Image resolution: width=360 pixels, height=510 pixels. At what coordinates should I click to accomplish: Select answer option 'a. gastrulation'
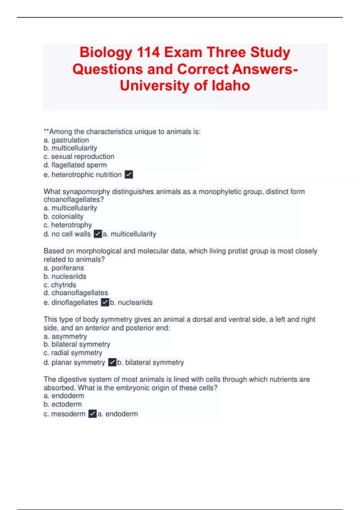[66, 140]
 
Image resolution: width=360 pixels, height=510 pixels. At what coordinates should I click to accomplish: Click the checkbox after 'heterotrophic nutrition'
[129, 175]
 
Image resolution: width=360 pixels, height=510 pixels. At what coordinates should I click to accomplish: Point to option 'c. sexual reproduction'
[79, 157]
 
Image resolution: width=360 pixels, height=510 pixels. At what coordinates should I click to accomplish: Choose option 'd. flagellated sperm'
[75, 165]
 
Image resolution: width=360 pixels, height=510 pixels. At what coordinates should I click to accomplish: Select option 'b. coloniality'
[63, 216]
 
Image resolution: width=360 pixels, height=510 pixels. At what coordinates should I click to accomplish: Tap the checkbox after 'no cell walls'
[98, 234]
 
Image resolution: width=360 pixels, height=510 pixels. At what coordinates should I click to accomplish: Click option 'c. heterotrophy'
[67, 225]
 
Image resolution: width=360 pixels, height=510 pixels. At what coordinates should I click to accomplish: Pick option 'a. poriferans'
[64, 268]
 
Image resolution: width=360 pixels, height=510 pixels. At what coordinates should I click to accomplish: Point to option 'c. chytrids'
[60, 285]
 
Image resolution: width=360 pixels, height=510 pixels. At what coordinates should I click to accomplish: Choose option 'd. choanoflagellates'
[76, 293]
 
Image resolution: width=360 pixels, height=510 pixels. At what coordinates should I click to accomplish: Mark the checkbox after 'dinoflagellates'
[105, 302]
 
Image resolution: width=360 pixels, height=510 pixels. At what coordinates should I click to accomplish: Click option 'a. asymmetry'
[65, 336]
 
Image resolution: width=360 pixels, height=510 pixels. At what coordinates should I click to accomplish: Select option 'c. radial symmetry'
[73, 353]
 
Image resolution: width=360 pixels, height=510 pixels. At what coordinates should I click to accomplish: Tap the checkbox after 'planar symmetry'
[112, 362]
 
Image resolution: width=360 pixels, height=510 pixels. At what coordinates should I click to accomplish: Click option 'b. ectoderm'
[62, 404]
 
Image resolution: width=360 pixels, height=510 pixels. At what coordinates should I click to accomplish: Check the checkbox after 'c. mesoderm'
[92, 414]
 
